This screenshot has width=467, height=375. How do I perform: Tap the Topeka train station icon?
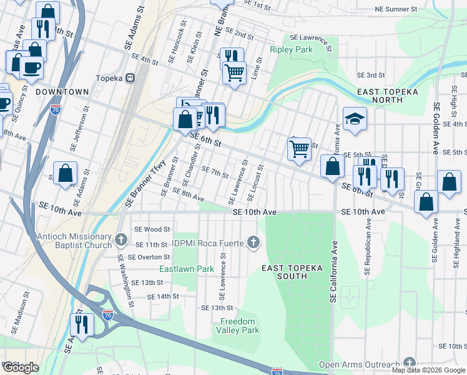pos(130,78)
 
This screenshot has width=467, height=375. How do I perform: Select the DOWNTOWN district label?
pos(62,92)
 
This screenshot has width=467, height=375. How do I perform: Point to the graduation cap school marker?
pos(355,119)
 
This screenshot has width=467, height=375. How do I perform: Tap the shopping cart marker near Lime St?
pos(235,72)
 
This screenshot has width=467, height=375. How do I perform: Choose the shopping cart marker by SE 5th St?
pos(300,149)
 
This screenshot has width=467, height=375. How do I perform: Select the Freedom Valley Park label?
pos(238,326)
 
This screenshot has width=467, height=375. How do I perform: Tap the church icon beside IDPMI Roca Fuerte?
pos(253,241)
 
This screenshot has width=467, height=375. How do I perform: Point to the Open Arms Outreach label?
pos(359,365)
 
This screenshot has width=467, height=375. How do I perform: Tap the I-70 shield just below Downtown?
pos(56,109)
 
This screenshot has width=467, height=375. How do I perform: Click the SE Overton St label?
pos(149,257)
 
